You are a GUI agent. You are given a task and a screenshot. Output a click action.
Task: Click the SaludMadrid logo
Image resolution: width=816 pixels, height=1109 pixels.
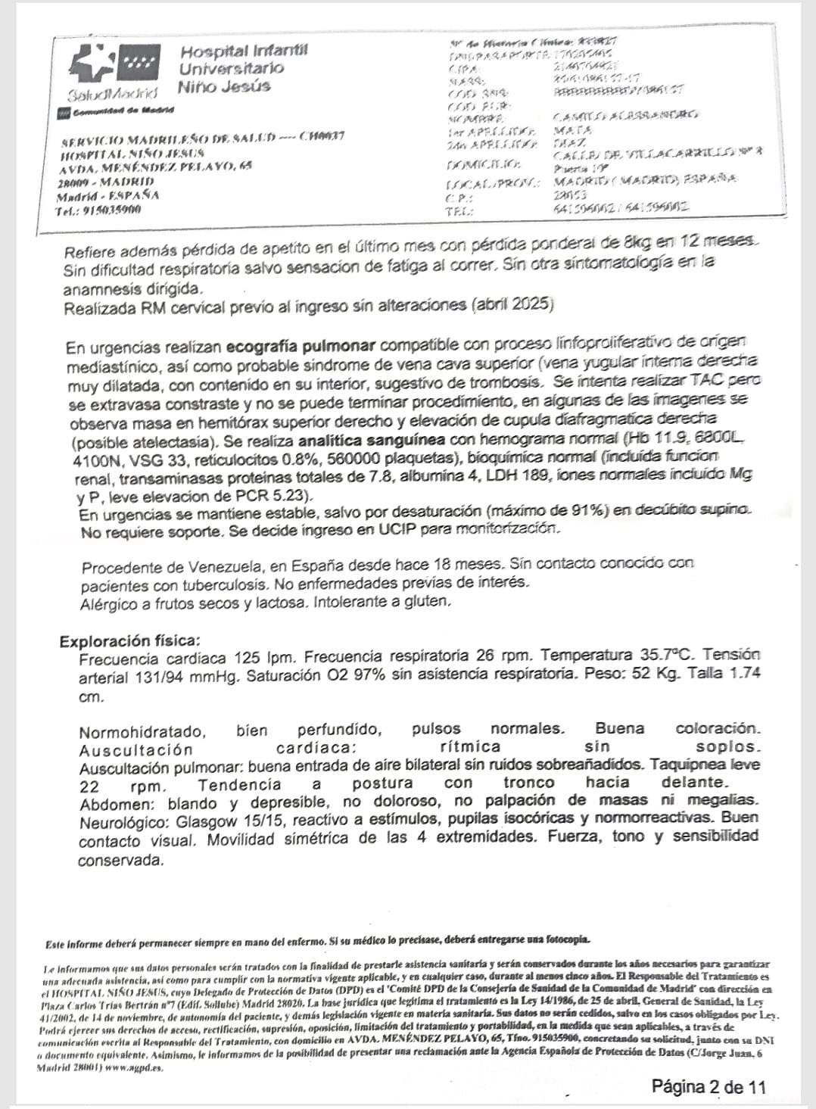(x=114, y=73)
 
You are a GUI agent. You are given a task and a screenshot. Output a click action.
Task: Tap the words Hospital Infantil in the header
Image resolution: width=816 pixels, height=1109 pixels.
(x=244, y=51)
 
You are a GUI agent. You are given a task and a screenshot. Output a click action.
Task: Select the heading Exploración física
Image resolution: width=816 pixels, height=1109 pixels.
(x=130, y=641)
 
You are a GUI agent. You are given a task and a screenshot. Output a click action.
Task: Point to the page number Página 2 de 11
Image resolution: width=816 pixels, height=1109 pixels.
(x=709, y=1087)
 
